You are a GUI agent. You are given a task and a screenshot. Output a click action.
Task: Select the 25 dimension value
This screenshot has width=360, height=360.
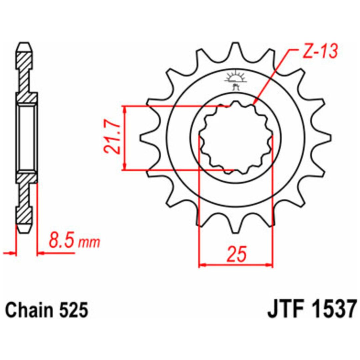(237, 254)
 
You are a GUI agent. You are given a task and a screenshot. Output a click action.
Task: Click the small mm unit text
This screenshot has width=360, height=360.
(89, 243)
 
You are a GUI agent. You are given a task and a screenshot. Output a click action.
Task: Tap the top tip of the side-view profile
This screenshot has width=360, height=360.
(24, 43)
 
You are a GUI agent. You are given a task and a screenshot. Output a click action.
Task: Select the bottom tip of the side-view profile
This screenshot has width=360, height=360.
(24, 233)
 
